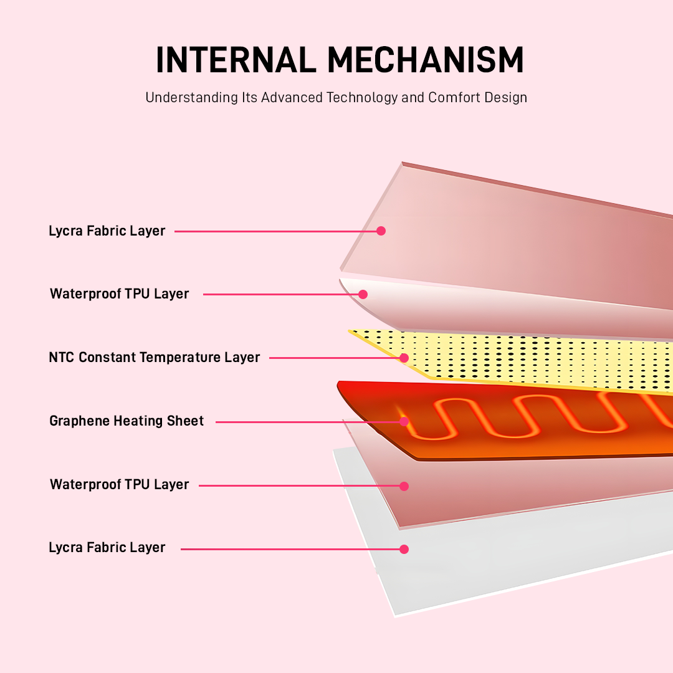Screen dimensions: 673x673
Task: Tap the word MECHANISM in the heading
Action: (x=426, y=60)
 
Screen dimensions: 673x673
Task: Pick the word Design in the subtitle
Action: (x=506, y=98)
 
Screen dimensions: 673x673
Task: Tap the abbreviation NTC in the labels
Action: (x=62, y=357)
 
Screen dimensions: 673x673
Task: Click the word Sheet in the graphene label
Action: (x=185, y=421)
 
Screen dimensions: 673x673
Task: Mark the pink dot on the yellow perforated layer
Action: (x=404, y=358)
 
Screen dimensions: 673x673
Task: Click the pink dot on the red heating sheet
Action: (x=404, y=422)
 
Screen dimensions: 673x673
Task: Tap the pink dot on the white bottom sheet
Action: (x=404, y=549)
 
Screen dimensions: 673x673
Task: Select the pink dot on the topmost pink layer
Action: (x=381, y=231)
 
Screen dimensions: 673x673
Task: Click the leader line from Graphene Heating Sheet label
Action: (x=308, y=422)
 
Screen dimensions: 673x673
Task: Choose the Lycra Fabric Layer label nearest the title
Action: (x=107, y=231)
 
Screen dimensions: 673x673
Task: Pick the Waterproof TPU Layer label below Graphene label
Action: (x=119, y=484)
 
